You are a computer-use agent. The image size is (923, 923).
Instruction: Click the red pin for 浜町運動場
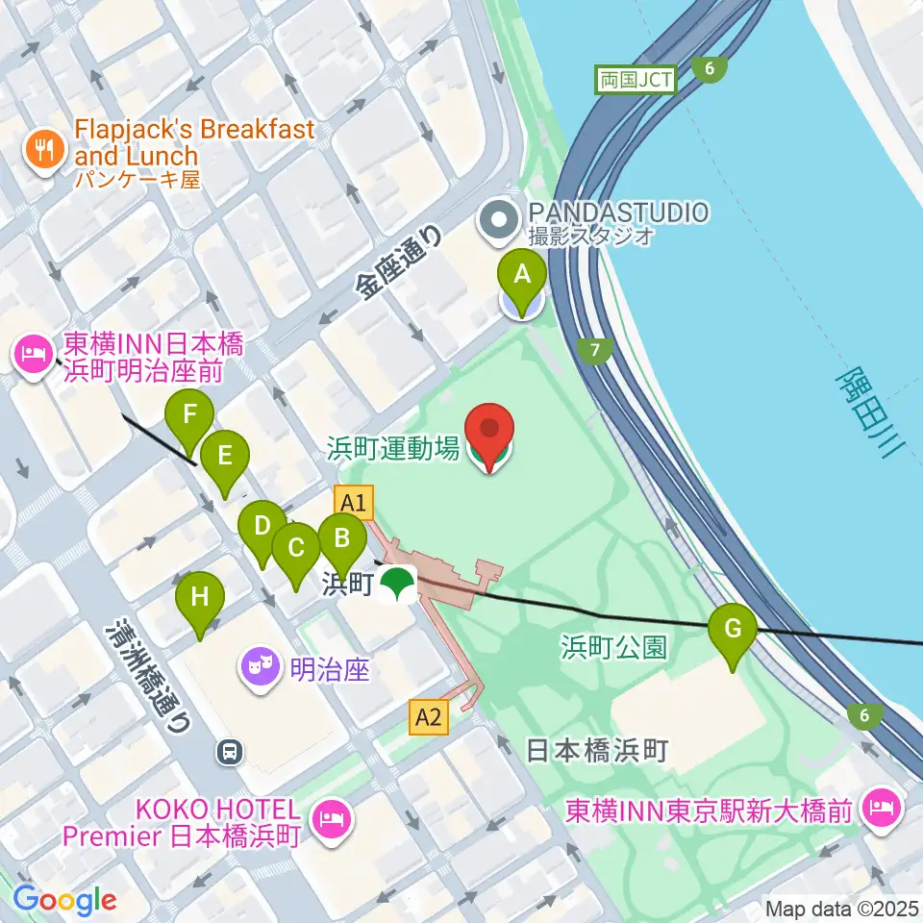[489, 433]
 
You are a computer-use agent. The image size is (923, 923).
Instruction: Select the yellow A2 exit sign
[429, 715]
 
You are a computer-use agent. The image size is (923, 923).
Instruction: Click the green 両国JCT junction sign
[636, 80]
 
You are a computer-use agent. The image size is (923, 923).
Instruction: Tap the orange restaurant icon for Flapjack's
[44, 147]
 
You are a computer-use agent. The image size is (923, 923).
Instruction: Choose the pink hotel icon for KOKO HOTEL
[332, 817]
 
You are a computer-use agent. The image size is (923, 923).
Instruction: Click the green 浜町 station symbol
[397, 583]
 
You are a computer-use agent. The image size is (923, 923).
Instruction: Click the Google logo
[65, 900]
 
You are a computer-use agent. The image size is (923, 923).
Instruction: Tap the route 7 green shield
[597, 351]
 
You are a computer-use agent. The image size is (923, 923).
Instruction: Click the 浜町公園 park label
[613, 646]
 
